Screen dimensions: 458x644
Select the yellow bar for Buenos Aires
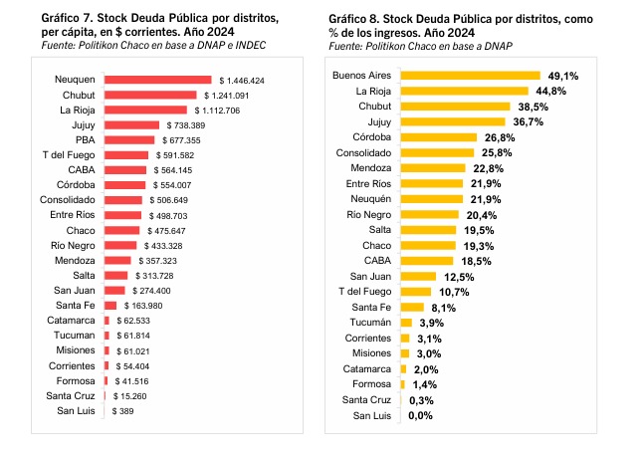(x=470, y=76)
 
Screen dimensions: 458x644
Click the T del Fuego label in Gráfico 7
(x=68, y=155)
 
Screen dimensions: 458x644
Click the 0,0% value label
(x=420, y=416)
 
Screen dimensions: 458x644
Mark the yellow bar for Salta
(x=429, y=230)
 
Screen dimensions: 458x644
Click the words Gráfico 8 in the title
(x=353, y=19)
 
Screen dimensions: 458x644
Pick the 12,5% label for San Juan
(x=459, y=276)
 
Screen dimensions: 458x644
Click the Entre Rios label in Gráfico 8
(x=369, y=183)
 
